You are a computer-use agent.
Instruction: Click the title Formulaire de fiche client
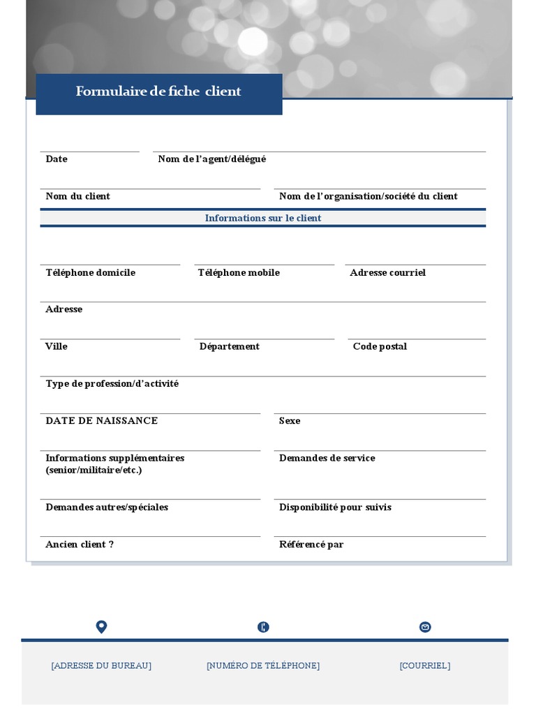(158, 91)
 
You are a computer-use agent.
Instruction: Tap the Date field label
(57, 159)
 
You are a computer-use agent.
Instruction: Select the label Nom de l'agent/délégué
(211, 159)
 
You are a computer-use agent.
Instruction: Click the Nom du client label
(77, 196)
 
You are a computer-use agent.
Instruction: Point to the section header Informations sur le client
(263, 218)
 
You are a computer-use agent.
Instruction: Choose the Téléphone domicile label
(91, 272)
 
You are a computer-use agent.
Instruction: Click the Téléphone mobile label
(239, 272)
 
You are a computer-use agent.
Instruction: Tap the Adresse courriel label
(387, 272)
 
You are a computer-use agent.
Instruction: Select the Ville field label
(57, 346)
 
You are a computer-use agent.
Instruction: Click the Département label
(229, 346)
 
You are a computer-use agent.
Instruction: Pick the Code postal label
(380, 346)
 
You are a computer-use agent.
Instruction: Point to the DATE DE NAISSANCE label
(102, 420)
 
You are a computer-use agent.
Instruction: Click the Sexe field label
(290, 420)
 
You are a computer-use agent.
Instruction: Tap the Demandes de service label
(327, 458)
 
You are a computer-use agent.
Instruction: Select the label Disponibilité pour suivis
(335, 507)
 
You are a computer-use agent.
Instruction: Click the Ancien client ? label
(80, 544)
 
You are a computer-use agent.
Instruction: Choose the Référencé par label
(311, 544)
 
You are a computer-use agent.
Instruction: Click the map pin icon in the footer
(101, 626)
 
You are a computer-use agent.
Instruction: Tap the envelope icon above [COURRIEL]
(425, 627)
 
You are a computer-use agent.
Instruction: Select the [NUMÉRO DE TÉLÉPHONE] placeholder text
(263, 665)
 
